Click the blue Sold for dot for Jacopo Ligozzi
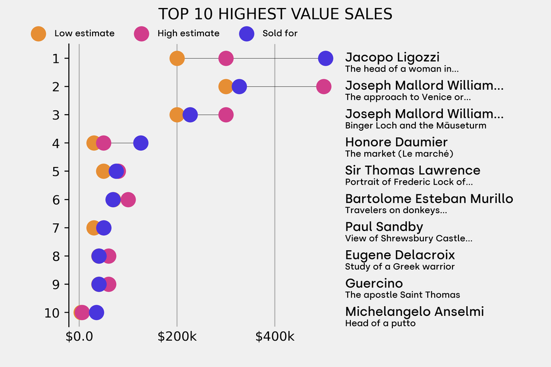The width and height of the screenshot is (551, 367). coord(325,58)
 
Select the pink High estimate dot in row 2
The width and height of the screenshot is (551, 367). coord(323,86)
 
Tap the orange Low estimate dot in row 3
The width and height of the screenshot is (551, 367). coord(176,115)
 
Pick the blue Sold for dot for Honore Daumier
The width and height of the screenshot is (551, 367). coord(140,143)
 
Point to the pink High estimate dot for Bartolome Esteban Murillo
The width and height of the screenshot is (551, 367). coord(128,200)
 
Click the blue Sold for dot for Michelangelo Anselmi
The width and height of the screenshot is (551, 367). coord(96,312)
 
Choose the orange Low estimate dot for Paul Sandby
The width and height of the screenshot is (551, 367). coord(93,228)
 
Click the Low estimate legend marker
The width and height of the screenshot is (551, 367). coord(38,33)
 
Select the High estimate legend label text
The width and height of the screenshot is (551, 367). coord(188,33)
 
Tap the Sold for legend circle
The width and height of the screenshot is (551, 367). coord(246,33)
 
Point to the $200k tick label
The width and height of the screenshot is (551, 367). coord(176,337)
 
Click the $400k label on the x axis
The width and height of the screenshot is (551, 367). coord(274,337)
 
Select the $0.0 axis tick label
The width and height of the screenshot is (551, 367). coord(79,337)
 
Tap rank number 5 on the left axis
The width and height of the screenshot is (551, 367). coord(56,172)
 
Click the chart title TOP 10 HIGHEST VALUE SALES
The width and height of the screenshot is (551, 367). coord(275,14)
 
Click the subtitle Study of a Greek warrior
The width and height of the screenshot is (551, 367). coord(400,267)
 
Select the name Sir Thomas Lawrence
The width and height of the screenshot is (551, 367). coord(413,171)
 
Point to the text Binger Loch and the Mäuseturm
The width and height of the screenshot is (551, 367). coord(415,126)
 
